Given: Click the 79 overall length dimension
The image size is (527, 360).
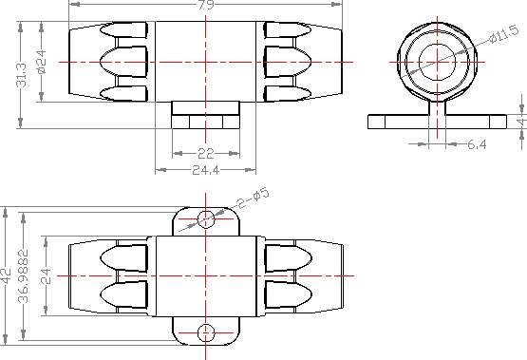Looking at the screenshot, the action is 206,5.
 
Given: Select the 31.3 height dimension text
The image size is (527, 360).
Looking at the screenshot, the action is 21,75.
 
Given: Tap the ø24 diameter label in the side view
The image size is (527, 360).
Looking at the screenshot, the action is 42,62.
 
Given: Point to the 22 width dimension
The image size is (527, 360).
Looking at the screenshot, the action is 206,154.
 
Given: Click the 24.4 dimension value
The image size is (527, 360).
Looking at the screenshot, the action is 206,170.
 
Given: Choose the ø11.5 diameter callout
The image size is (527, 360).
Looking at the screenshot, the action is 504,34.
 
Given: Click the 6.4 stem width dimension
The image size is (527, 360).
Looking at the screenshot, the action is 477,144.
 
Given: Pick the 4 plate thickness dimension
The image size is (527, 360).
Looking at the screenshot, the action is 522,121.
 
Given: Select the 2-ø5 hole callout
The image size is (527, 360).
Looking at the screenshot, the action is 254,199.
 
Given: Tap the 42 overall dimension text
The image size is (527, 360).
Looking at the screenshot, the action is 6,275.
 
